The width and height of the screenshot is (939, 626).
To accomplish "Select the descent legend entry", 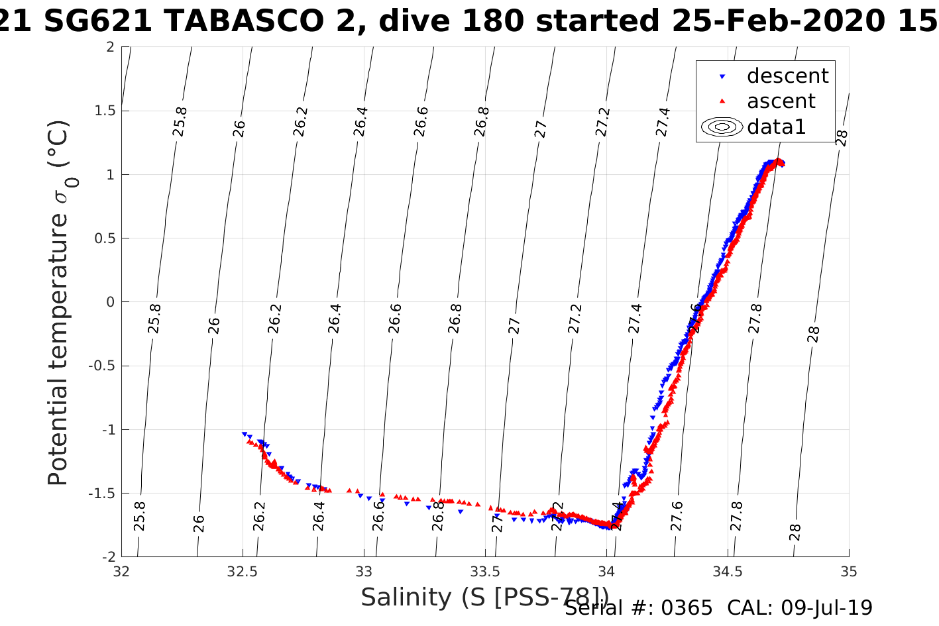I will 787,76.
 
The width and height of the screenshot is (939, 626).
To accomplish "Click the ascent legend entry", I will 781,101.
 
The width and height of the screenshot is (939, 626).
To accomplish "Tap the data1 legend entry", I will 776,127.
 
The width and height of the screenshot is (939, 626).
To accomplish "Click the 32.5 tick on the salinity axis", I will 243,571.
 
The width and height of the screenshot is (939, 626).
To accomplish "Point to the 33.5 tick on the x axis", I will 485,571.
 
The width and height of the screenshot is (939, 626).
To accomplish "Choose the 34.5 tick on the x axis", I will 728,571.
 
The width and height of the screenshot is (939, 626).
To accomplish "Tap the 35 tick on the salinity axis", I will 849,571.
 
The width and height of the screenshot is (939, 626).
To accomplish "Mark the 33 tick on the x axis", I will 364,571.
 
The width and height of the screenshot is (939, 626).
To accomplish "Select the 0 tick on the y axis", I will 110,302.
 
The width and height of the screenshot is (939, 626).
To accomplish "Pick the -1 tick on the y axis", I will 106,430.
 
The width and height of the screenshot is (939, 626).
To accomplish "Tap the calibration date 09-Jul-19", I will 826,608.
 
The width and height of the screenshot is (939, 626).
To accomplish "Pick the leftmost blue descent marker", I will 245,433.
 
